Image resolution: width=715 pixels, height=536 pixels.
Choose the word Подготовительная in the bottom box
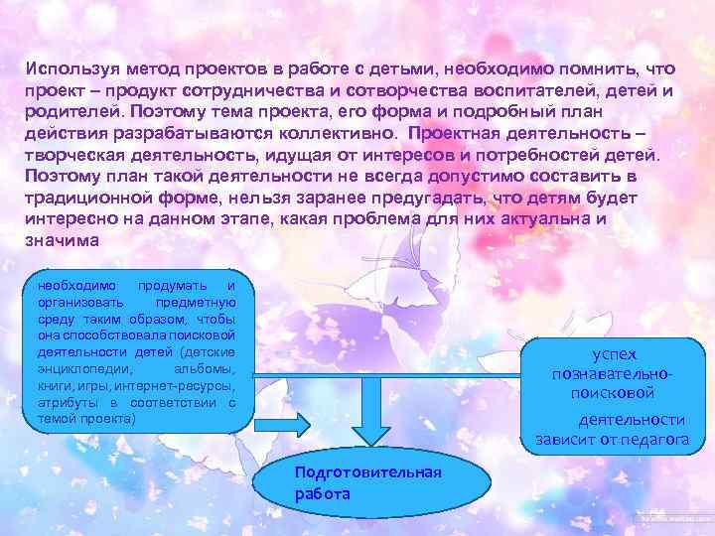pyautogui.click(x=367, y=470)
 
